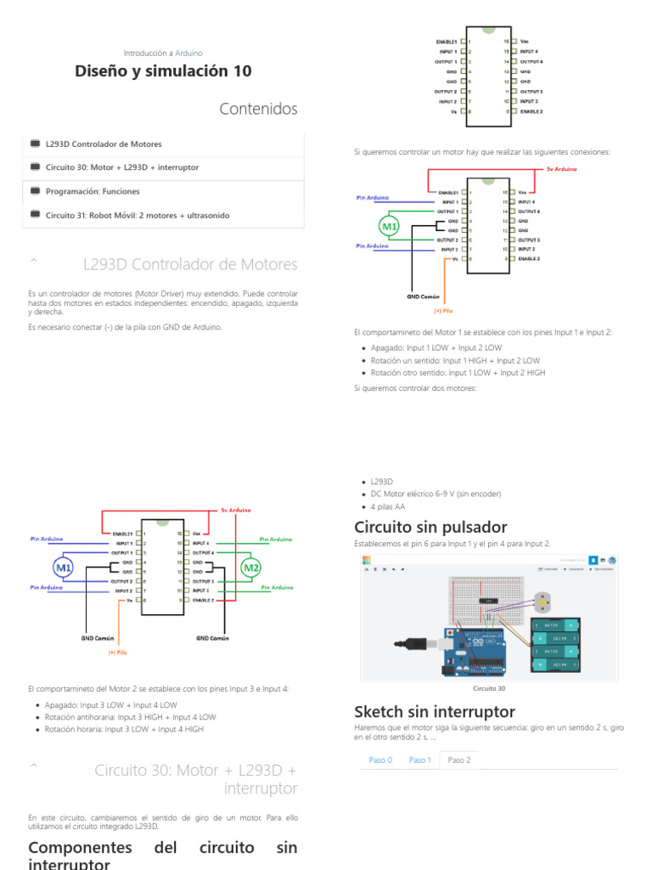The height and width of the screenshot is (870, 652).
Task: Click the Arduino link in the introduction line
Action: (188, 53)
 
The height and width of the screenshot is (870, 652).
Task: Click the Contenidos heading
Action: (258, 109)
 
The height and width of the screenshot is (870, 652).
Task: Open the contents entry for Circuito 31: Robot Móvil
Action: (138, 216)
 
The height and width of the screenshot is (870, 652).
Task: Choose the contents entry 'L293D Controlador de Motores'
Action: (104, 144)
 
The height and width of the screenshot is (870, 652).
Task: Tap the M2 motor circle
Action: (250, 567)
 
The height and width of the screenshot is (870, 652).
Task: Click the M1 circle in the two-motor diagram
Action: (64, 567)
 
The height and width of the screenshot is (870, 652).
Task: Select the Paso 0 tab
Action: (380, 760)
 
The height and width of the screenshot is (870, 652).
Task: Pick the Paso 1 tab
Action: (419, 760)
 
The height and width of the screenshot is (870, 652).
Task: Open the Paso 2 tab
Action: (459, 760)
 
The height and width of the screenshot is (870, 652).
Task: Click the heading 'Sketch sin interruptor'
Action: (434, 711)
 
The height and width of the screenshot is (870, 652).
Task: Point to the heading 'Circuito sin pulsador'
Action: (430, 527)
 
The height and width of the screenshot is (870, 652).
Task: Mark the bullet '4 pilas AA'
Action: (390, 506)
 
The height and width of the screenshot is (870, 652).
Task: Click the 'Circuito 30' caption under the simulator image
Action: (489, 688)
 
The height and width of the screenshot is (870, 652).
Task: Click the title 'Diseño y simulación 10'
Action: (163, 71)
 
